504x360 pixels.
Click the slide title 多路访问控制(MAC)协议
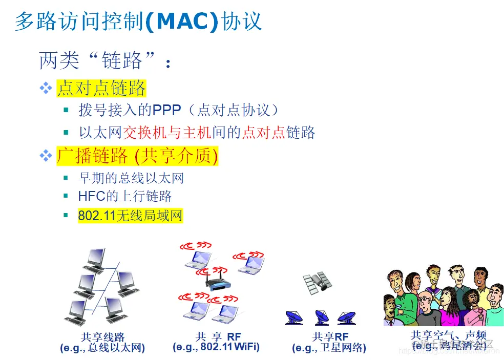point(138,22)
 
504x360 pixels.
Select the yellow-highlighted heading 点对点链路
point(101,88)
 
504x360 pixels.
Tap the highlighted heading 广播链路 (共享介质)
point(137,156)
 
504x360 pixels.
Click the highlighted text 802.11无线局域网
point(130,216)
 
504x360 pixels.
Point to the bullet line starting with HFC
point(125,196)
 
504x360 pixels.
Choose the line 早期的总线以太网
point(131,178)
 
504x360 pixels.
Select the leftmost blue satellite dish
point(294,317)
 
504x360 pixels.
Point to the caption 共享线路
point(102,337)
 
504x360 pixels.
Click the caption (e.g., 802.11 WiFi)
point(216,347)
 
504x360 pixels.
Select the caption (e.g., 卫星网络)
point(329,348)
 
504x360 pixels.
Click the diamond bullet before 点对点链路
point(46,88)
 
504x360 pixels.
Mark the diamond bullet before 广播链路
point(46,156)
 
